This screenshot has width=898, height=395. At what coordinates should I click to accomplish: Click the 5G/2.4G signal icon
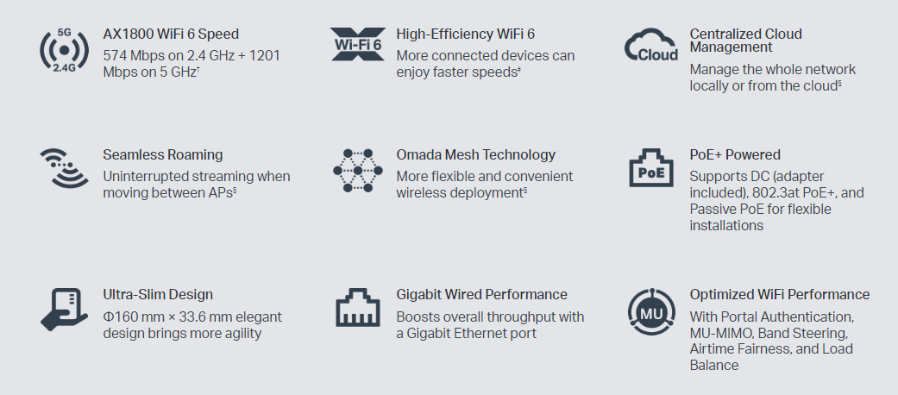click(x=65, y=50)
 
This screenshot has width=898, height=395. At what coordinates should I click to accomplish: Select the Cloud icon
click(x=650, y=46)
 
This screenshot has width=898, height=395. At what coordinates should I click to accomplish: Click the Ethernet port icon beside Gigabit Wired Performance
click(x=357, y=308)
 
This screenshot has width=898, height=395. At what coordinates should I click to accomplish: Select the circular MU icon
click(x=650, y=310)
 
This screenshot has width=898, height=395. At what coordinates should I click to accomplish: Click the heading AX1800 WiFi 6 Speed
click(x=171, y=34)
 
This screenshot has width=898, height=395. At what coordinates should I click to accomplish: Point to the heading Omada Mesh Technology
click(x=475, y=155)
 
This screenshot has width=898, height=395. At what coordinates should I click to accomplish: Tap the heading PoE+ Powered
click(x=735, y=155)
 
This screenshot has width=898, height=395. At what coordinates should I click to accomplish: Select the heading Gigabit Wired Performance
click(x=481, y=295)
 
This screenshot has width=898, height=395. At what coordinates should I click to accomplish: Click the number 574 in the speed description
click(x=116, y=56)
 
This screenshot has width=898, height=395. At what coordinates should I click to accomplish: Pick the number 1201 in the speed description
click(x=263, y=56)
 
